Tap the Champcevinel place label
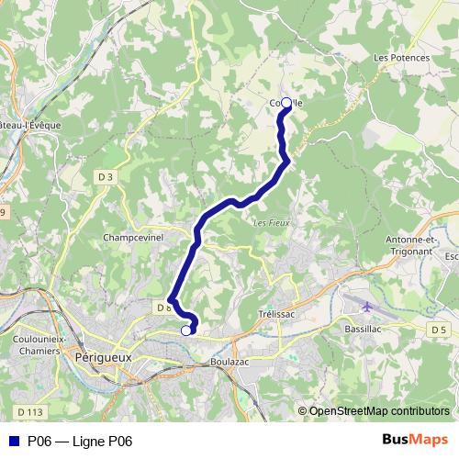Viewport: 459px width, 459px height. pyautogui.click(x=133, y=236)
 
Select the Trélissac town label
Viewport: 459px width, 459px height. pyautogui.click(x=276, y=313)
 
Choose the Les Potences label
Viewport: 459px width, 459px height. pyautogui.click(x=402, y=58)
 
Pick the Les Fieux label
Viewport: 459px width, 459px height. pyautogui.click(x=266, y=222)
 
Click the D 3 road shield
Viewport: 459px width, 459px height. pyautogui.click(x=106, y=177)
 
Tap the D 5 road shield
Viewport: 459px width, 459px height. pyautogui.click(x=438, y=329)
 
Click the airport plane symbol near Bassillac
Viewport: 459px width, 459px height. pyautogui.click(x=368, y=307)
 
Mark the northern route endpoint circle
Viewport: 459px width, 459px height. pyautogui.click(x=285, y=103)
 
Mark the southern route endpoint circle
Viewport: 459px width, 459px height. pyautogui.click(x=186, y=330)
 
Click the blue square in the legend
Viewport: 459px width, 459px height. pyautogui.click(x=14, y=442)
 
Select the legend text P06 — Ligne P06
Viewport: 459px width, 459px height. pyautogui.click(x=80, y=442)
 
